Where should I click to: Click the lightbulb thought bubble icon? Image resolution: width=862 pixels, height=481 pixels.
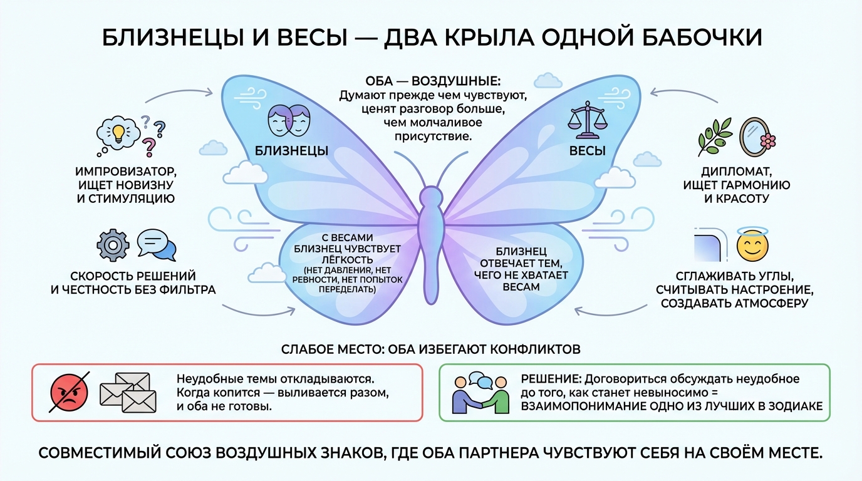click(117, 133)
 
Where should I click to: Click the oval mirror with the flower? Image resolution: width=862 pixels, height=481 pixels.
click(755, 137)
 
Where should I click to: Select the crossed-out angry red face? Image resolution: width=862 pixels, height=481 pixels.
click(69, 393)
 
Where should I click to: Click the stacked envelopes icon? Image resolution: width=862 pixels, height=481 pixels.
click(127, 393)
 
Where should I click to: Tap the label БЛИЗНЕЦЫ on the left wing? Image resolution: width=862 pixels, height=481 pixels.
click(292, 151)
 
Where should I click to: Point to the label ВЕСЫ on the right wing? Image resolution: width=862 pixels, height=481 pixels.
click(587, 151)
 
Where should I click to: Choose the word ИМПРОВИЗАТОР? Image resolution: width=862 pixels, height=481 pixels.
click(126, 171)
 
